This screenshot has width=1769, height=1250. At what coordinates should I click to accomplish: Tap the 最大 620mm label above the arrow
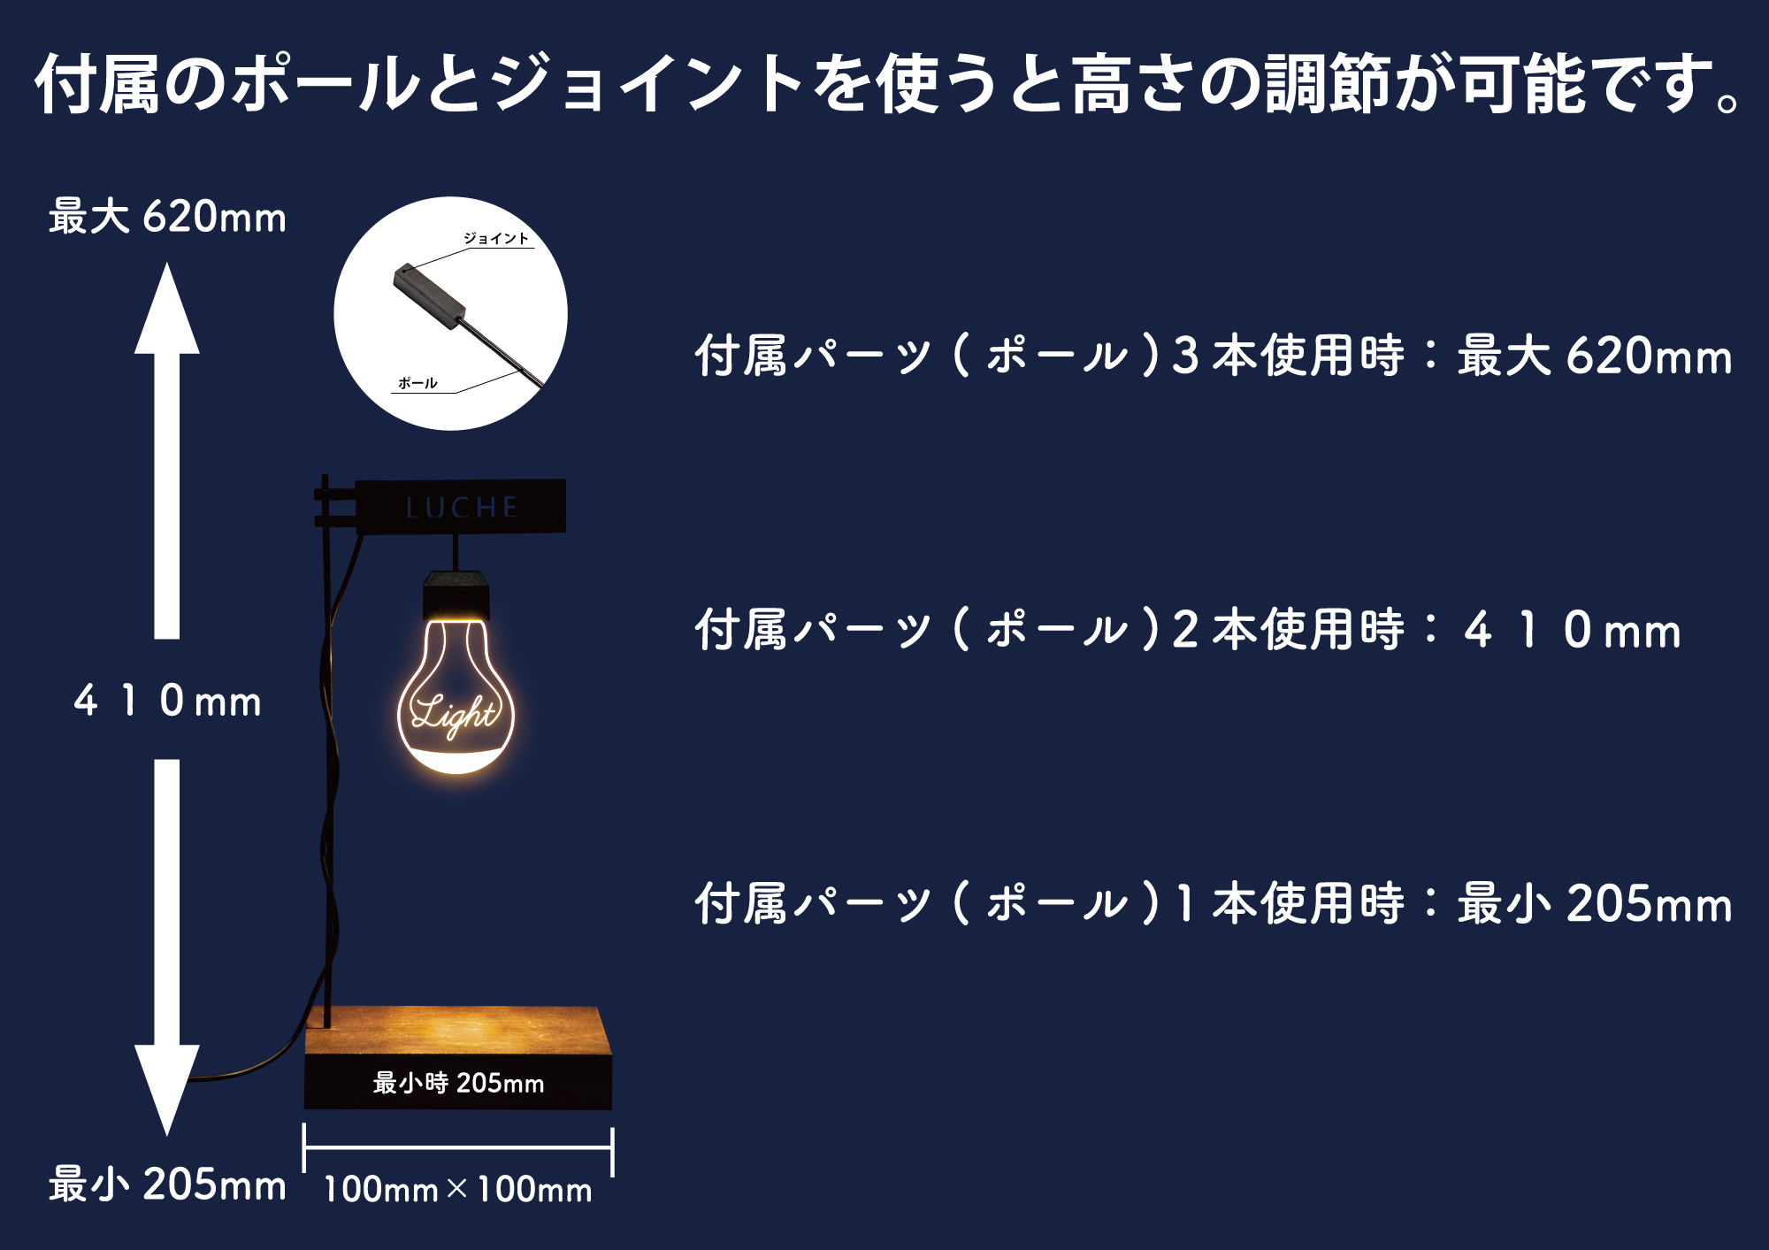coord(167,217)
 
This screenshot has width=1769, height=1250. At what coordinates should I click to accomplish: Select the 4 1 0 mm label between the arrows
coord(167,701)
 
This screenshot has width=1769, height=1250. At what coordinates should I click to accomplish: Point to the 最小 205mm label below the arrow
coord(167,1184)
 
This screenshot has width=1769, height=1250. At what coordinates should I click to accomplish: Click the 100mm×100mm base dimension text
coord(457,1190)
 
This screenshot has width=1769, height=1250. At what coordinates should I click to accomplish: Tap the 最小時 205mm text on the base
coord(458,1083)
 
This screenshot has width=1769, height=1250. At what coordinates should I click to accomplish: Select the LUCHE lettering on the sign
coord(461,507)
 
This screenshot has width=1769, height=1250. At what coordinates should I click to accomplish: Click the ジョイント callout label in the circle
coord(496,238)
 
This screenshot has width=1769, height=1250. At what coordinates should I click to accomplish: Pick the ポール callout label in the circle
coord(417,383)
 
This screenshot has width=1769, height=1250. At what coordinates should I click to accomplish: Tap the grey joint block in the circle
coord(429,295)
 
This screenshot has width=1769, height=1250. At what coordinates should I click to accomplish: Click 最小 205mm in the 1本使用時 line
coord(1594,903)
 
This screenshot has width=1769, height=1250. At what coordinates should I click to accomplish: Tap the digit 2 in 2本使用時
coord(1185,630)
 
